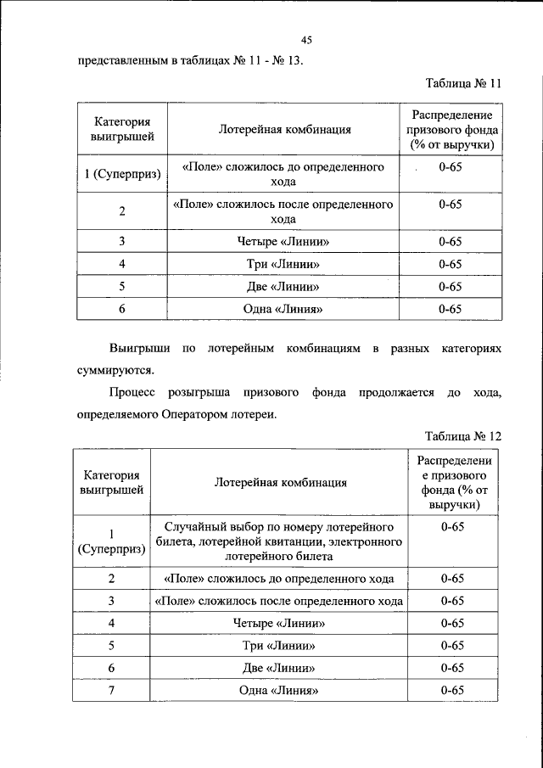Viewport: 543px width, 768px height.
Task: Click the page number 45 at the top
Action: (307, 40)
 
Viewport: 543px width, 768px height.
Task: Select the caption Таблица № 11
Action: (462, 84)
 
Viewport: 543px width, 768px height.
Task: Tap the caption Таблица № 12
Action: (462, 436)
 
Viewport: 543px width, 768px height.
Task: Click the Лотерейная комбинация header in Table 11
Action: (284, 130)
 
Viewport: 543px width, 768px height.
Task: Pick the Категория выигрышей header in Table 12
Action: (111, 482)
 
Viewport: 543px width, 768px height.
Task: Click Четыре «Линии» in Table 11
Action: (283, 242)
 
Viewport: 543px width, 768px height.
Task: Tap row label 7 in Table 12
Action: (111, 691)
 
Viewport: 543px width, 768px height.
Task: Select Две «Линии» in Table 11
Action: (283, 287)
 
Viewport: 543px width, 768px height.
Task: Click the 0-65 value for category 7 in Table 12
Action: (452, 691)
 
